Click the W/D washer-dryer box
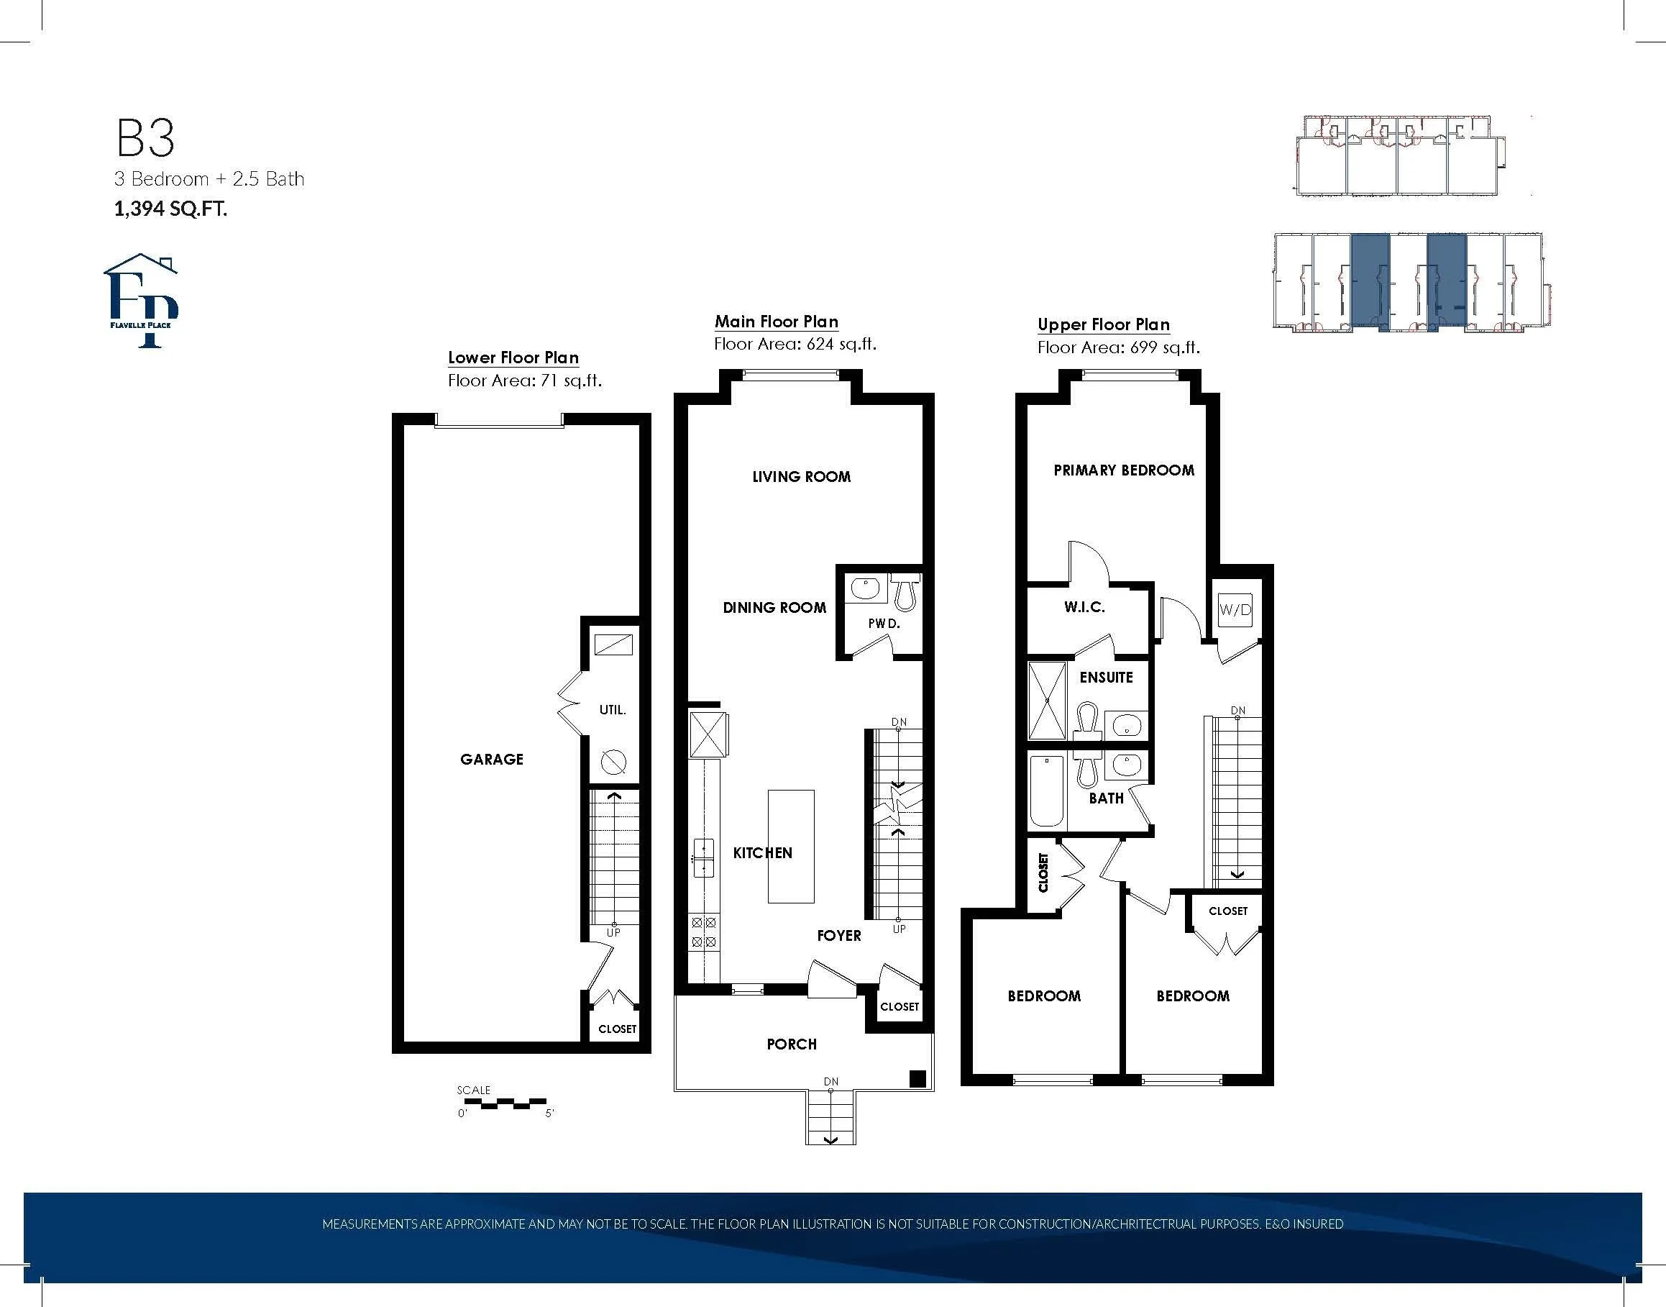pyautogui.click(x=1235, y=610)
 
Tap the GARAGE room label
pyautogui.click(x=492, y=759)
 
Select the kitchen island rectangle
pyautogui.click(x=791, y=847)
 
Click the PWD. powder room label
pyautogui.click(x=884, y=624)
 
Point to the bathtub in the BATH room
pyautogui.click(x=1046, y=792)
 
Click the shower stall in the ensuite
pyautogui.click(x=1046, y=701)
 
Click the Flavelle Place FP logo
pyautogui.click(x=142, y=301)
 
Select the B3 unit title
pyautogui.click(x=145, y=139)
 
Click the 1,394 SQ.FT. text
pyautogui.click(x=170, y=208)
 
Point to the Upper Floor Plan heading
pyautogui.click(x=1104, y=324)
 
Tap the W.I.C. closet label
pyautogui.click(x=1084, y=608)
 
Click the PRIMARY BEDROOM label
pyautogui.click(x=1124, y=470)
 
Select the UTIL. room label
pyautogui.click(x=613, y=710)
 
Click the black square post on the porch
pyautogui.click(x=918, y=1079)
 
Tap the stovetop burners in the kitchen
pyautogui.click(x=704, y=933)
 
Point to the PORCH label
pyautogui.click(x=792, y=1044)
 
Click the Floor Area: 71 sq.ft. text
pyautogui.click(x=525, y=381)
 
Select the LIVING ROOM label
pyautogui.click(x=802, y=477)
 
